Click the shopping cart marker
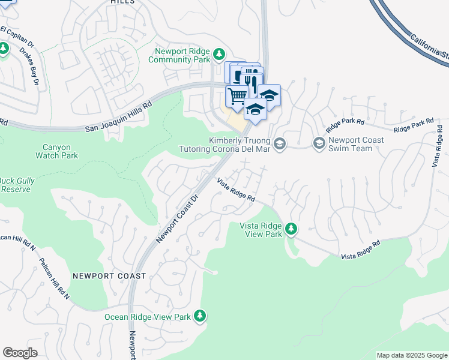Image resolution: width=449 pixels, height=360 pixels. [237, 95]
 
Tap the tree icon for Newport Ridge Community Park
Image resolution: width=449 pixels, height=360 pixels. [220, 55]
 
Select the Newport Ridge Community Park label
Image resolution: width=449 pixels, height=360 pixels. [182, 55]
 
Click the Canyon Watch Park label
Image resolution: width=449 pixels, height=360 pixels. [61, 151]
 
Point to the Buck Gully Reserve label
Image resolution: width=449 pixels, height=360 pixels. [17, 185]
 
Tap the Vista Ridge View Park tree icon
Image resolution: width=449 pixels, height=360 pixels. [291, 229]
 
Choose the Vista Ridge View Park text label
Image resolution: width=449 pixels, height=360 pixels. [261, 229]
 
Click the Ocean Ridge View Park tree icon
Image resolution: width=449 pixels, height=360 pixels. [200, 316]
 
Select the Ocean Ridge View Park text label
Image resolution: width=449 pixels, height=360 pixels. [147, 317]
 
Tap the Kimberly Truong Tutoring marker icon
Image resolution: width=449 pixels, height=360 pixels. [280, 143]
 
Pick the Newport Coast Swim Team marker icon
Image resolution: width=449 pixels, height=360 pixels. [318, 143]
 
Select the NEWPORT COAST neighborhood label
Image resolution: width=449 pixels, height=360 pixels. [109, 276]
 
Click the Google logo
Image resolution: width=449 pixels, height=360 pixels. [20, 353]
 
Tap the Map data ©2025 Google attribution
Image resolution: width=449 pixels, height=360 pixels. [411, 355]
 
